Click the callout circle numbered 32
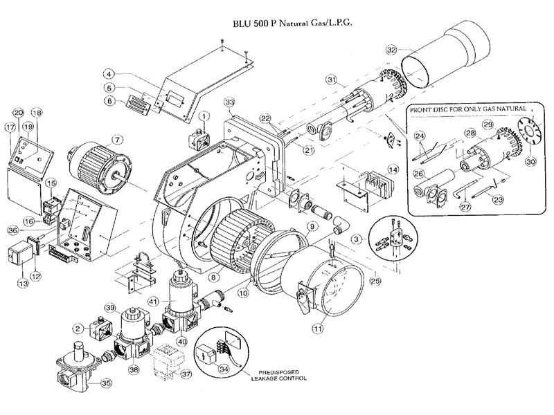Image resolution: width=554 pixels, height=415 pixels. click(x=392, y=50)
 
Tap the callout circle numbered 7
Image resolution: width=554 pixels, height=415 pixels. click(x=118, y=139)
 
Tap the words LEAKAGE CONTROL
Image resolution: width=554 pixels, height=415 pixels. click(x=279, y=379)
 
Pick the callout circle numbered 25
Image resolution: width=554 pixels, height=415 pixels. click(x=375, y=281)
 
